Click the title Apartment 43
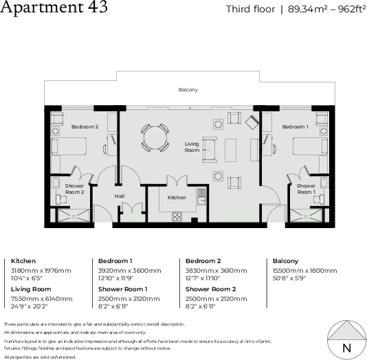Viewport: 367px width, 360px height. click(54, 9)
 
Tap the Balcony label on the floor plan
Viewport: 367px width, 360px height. click(188, 90)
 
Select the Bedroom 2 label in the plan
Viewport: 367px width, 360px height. click(85, 127)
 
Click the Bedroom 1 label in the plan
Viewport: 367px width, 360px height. click(295, 126)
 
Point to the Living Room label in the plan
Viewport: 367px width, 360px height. click(192, 147)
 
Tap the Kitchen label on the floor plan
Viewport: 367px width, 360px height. click(177, 197)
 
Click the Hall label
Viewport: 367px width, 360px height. click(119, 196)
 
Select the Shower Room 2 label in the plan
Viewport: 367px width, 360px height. click(74, 189)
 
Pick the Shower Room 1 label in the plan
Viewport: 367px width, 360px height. click(306, 188)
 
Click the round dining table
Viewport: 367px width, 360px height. click(154, 137)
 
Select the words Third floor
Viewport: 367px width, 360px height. click(247, 10)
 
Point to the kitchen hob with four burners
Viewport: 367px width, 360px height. click(177, 216)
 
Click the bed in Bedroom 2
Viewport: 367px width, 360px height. click(69, 146)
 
